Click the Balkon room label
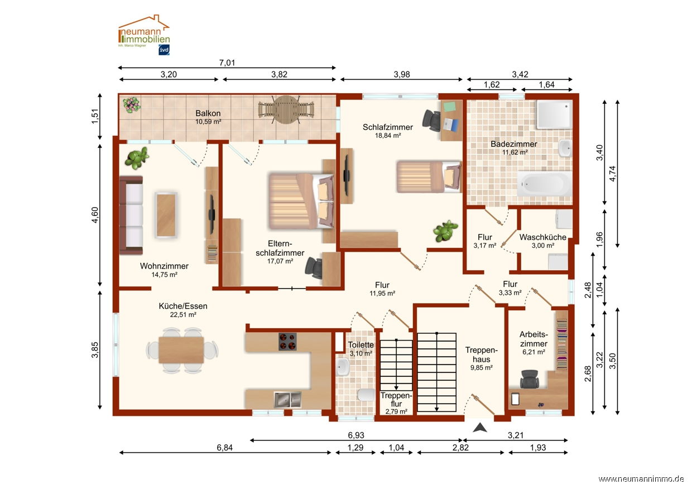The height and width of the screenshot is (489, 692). (208, 113)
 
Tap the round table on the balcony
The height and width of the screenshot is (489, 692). (286, 110)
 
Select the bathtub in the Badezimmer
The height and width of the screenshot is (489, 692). (545, 184)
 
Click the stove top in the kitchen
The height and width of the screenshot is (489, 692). (287, 342)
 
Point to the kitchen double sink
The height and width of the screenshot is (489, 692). (287, 399)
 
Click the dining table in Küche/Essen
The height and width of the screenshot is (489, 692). (181, 350)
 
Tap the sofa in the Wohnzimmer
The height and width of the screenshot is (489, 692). (131, 215)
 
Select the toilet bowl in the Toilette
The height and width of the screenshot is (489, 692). (366, 395)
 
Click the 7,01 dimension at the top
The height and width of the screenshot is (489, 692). (227, 63)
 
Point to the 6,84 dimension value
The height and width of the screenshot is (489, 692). (224, 447)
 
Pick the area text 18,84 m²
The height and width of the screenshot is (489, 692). (388, 136)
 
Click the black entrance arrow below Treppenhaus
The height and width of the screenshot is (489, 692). (480, 428)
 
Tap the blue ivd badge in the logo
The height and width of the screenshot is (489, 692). (164, 50)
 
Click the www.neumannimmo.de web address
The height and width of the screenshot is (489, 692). (641, 479)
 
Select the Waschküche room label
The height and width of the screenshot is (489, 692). (543, 237)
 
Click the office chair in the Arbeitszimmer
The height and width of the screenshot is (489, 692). (530, 379)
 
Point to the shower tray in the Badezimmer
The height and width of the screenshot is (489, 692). (555, 114)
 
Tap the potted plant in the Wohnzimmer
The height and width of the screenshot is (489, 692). (137, 158)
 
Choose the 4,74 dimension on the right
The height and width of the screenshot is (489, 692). (612, 174)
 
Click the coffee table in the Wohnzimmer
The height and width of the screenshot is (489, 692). (166, 215)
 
